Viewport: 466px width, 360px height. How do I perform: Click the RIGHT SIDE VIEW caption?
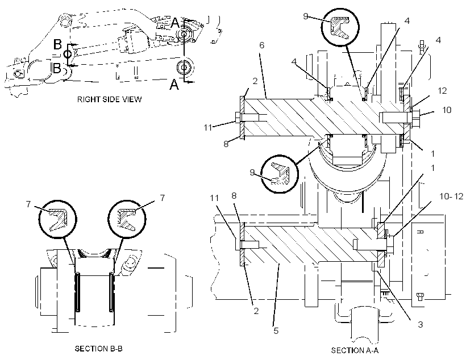click(109, 99)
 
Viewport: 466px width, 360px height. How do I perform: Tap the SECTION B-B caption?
click(99, 349)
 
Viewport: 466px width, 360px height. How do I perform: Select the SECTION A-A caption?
click(355, 350)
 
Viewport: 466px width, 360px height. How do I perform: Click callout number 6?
click(262, 45)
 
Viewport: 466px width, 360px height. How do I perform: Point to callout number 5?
click(276, 330)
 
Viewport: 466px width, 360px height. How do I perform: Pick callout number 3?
click(420, 324)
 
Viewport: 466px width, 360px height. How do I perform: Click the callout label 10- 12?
click(451, 196)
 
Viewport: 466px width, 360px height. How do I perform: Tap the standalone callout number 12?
click(442, 91)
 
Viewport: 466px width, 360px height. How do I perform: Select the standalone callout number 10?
click(447, 110)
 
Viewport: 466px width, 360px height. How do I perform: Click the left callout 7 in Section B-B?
click(28, 204)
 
